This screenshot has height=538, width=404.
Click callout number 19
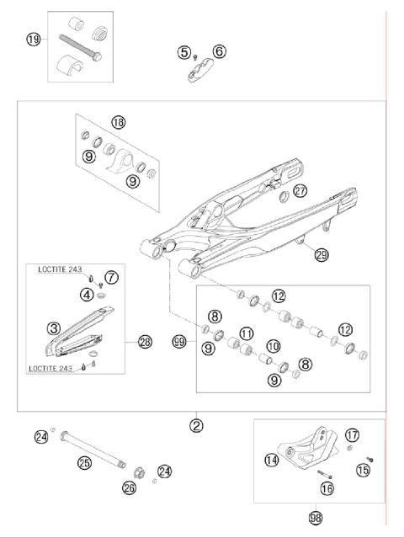33,40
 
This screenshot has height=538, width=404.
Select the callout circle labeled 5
183,52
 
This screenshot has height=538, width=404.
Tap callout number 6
219,52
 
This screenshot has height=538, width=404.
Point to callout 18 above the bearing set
118,123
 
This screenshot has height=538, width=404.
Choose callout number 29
321,254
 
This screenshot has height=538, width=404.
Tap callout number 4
87,294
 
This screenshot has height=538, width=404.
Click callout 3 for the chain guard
53,328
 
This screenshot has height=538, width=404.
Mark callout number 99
178,342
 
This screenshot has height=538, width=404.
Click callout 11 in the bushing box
247,334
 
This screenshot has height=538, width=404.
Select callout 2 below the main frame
196,425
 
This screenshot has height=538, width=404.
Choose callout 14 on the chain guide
271,461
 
